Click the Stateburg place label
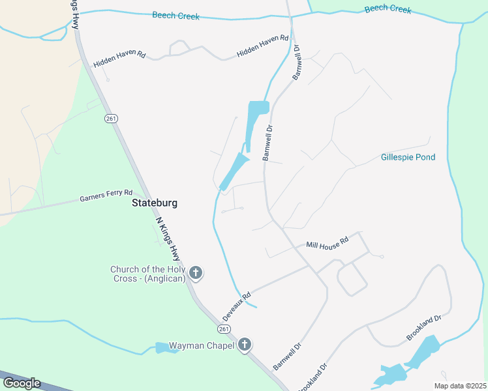click(155, 203)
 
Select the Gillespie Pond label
click(408, 157)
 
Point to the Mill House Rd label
click(328, 242)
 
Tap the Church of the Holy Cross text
click(148, 274)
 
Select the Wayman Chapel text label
click(202, 345)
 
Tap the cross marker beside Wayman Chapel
click(245, 345)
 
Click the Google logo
click(22, 383)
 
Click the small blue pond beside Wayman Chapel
click(162, 347)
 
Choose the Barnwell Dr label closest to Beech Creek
click(297, 63)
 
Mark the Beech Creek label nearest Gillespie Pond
click(388, 9)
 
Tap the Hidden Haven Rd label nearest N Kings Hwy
click(119, 59)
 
